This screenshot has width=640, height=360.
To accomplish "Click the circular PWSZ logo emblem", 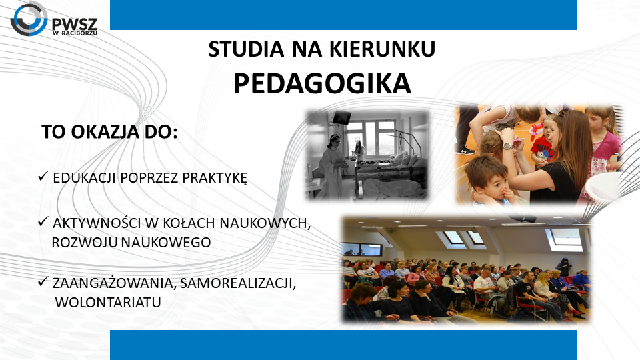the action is [29, 19].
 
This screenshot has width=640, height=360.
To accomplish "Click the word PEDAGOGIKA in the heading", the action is [322, 84].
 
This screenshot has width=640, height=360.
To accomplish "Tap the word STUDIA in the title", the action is [246, 49].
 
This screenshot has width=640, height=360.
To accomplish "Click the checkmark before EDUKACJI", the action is [43, 176].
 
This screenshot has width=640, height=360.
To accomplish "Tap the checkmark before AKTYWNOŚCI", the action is [43, 221].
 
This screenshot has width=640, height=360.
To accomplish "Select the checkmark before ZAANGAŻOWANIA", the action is [43, 281].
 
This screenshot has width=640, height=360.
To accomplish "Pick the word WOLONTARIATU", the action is [108, 303].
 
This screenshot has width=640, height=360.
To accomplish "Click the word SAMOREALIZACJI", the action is [238, 283].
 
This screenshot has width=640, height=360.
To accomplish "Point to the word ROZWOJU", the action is [85, 243].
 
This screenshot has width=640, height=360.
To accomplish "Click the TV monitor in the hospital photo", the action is [341, 117].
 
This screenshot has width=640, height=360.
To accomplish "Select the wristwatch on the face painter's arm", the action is [508, 145].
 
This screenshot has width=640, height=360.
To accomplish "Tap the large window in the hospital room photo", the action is [371, 137].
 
